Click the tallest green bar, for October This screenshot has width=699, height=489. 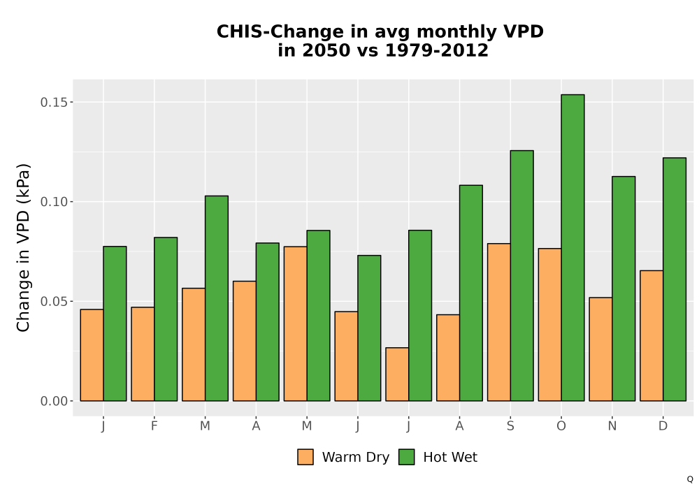tap(572, 247)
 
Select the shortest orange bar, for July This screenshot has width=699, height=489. tap(397, 374)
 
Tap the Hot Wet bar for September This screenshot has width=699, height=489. tap(521, 276)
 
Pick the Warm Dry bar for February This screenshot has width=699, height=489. tap(143, 354)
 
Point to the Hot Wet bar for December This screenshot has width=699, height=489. tap(675, 279)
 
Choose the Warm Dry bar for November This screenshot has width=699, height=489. tap(600, 349)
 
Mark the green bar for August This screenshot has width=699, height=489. tap(470, 293)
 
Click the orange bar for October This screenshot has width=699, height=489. tap(549, 325)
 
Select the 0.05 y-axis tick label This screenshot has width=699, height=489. tap(55, 302)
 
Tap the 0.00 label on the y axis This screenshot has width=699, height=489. tap(55, 401)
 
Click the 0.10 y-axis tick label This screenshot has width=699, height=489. tap(55, 202)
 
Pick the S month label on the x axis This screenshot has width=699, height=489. tap(510, 426)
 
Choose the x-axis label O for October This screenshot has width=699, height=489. tap(561, 426)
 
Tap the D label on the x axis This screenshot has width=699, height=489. tap(663, 426)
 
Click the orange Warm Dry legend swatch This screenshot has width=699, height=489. tap(305, 457)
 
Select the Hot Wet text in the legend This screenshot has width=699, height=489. tap(450, 458)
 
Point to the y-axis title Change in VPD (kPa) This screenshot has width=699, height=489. tap(23, 247)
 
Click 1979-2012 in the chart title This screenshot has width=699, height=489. tap(436, 50)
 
